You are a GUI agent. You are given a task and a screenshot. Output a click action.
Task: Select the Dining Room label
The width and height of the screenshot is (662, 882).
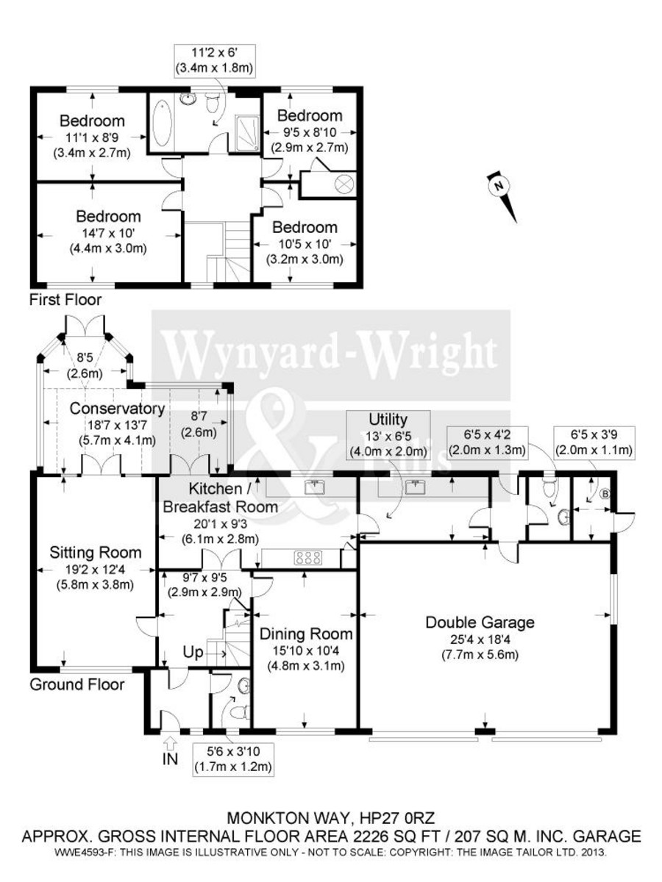tap(305, 634)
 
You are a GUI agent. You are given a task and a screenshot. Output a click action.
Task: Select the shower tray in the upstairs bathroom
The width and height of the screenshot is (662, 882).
tap(248, 132)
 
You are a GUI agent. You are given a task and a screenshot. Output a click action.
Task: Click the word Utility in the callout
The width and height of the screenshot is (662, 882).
tap(389, 420)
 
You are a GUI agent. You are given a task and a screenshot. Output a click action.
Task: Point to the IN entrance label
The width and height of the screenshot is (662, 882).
tap(170, 759)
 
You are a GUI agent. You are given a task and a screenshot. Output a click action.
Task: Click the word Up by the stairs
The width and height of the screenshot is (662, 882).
tap(193, 651)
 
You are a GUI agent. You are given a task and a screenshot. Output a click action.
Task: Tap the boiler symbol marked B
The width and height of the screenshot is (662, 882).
tap(605, 493)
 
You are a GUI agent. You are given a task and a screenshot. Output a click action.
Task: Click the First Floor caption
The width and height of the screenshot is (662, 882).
tap(65, 300)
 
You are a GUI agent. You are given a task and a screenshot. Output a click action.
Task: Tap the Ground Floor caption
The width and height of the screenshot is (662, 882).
tap(76, 685)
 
